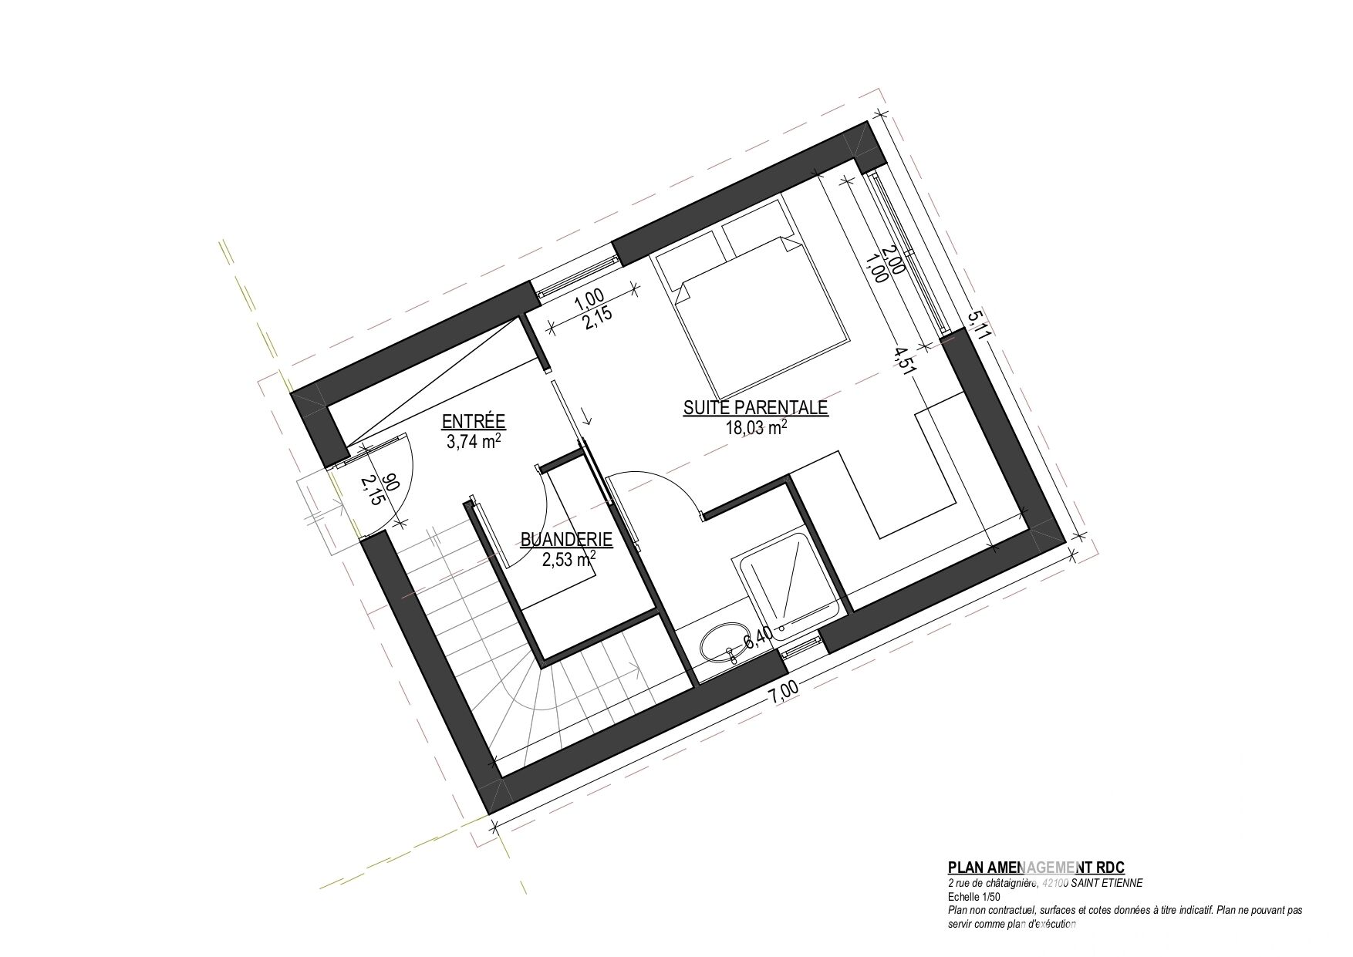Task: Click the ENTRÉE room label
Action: [473, 421]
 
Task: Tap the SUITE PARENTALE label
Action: [755, 408]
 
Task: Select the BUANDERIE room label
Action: [566, 540]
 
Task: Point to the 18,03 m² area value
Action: [755, 428]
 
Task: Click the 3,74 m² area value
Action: [474, 442]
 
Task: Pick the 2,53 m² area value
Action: [568, 560]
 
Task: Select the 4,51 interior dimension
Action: [905, 363]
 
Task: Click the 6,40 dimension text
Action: [757, 638]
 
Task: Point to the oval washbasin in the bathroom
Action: [723, 644]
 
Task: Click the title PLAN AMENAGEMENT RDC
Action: [1041, 868]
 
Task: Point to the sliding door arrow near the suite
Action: [586, 415]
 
